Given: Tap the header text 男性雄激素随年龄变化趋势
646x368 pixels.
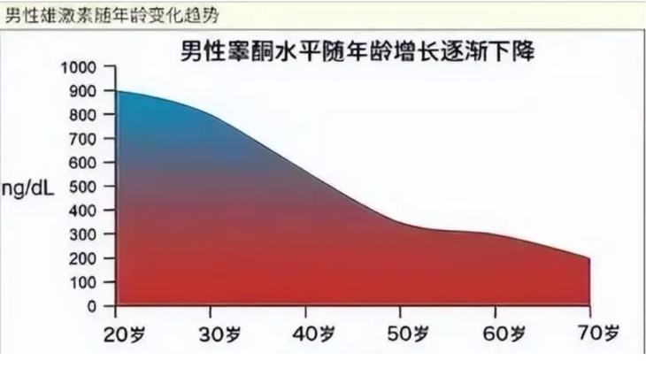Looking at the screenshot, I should [x=111, y=16].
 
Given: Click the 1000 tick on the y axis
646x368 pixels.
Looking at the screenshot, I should [x=86, y=68].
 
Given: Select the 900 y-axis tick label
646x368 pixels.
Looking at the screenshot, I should [x=89, y=92].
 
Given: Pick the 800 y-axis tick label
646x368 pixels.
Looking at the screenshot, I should [x=89, y=116].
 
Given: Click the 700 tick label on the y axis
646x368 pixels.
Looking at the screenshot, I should [x=89, y=140].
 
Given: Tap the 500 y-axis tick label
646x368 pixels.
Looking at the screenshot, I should [x=89, y=188].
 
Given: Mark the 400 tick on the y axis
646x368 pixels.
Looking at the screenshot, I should [x=89, y=211].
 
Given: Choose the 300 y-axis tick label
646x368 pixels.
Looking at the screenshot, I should [x=89, y=235].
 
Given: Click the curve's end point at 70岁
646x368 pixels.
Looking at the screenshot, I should [x=589, y=258].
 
